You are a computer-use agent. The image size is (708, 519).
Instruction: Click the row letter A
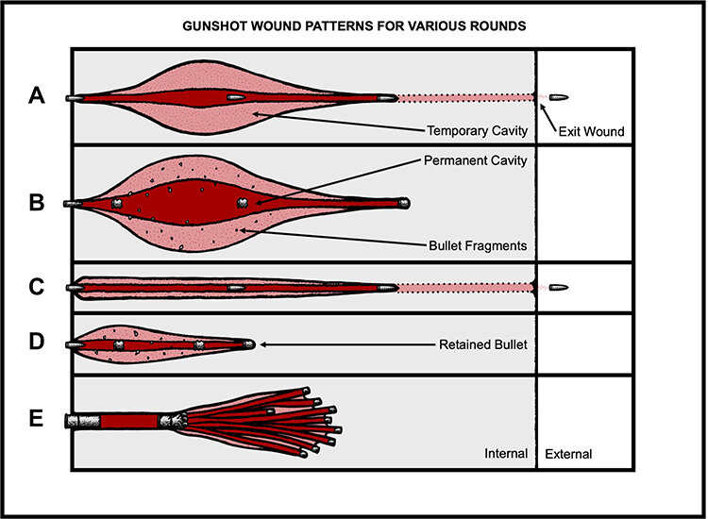37,94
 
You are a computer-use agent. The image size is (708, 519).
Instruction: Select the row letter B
37,201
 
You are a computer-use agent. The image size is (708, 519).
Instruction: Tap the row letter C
37,286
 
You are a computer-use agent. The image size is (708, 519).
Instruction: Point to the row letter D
37,343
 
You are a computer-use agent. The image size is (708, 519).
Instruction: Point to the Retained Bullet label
483,345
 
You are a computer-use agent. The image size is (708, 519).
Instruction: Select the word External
569,454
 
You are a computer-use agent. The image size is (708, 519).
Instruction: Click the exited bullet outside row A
560,97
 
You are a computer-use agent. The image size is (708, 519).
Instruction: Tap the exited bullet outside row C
560,287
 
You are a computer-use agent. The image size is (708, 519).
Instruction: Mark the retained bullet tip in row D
248,344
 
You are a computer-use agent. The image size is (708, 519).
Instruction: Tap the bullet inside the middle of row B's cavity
242,203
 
